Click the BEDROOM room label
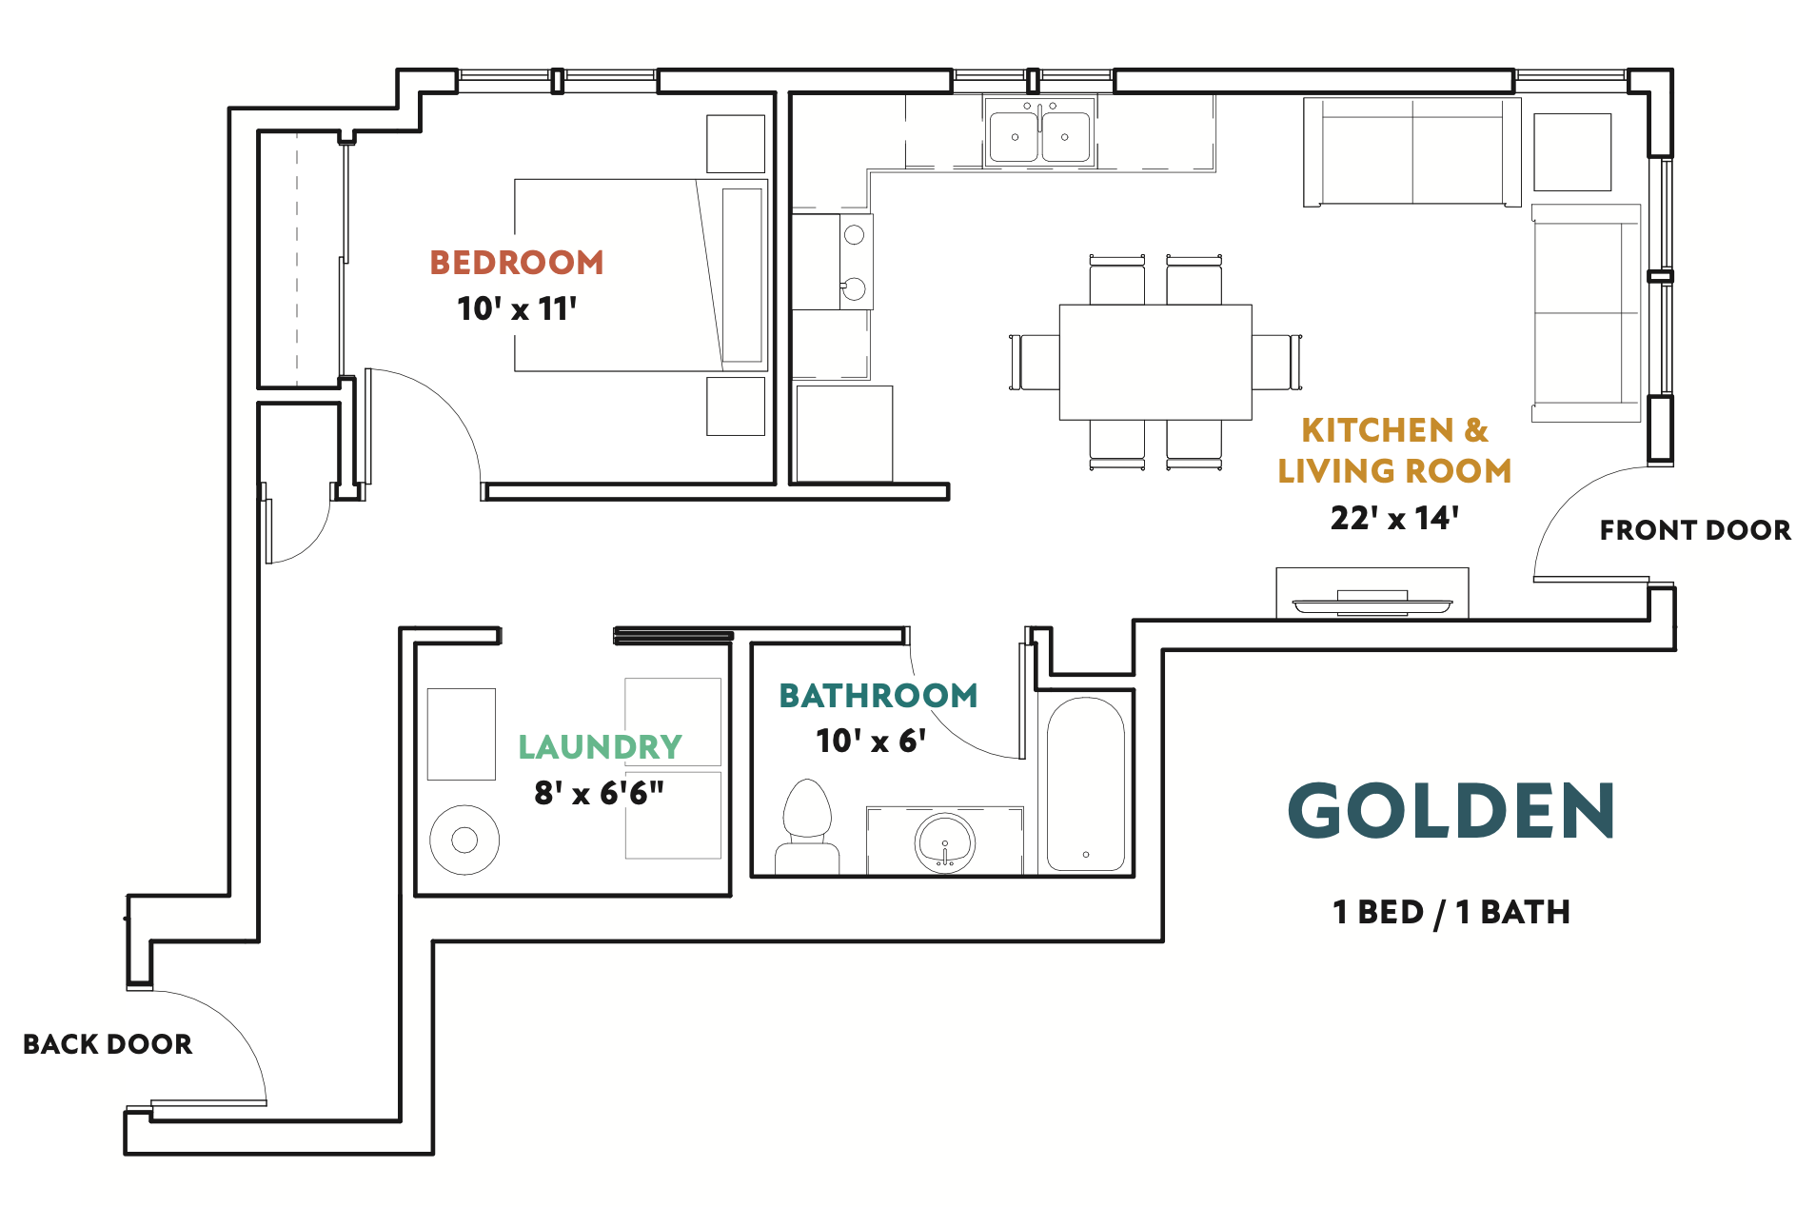[517, 263]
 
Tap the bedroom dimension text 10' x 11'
[517, 308]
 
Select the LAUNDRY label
[601, 747]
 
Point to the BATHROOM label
[878, 696]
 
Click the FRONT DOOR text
[1695, 530]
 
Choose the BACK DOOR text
[108, 1044]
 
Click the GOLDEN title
[1451, 811]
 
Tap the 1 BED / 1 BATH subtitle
[1451, 912]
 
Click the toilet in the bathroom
[807, 826]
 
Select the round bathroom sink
[944, 842]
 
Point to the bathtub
[1086, 784]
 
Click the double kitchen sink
[1039, 132]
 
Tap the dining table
[1155, 362]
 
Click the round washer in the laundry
[464, 840]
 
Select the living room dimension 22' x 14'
[1394, 518]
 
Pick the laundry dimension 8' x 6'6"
[600, 792]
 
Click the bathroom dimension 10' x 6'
[871, 741]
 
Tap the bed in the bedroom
[642, 275]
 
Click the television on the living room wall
[1372, 603]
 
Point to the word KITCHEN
[1377, 430]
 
